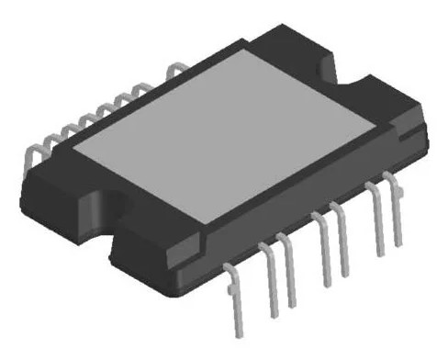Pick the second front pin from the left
click(x=272, y=285)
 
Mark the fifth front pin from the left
click(x=342, y=243)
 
